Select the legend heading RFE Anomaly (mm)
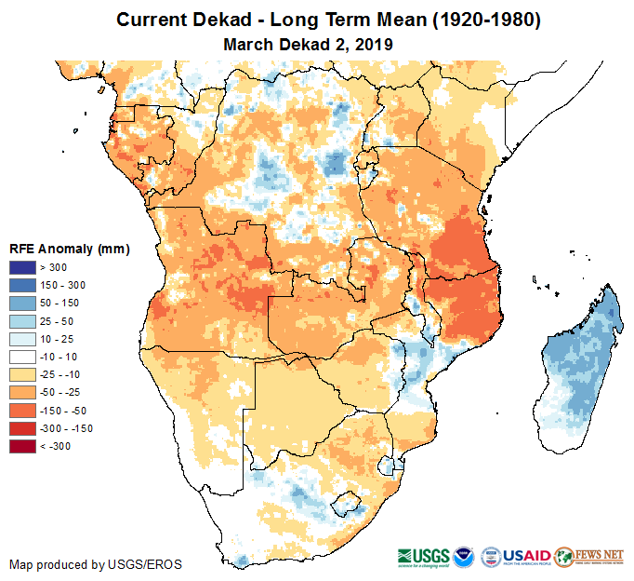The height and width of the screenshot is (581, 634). (x=69, y=250)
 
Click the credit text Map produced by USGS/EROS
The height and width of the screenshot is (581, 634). (x=95, y=564)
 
